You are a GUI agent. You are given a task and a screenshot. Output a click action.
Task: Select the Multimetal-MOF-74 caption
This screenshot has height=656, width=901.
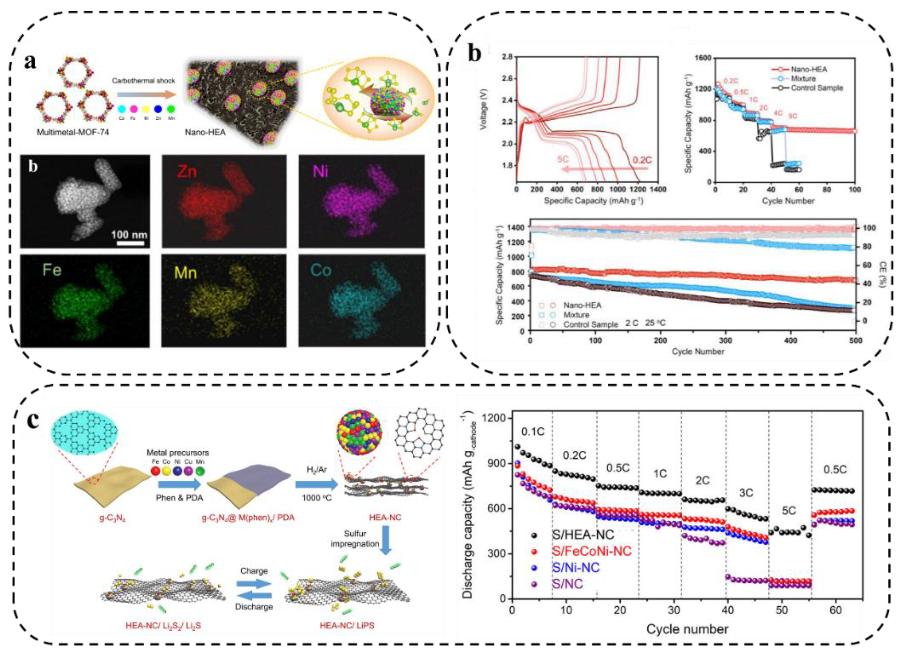(x=73, y=132)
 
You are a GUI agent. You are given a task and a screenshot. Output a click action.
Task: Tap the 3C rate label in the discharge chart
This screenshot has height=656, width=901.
(x=746, y=493)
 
